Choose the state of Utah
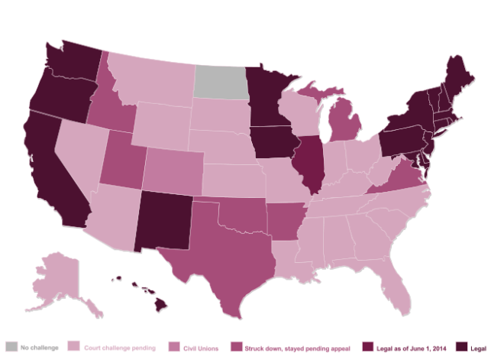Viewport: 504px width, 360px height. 121,161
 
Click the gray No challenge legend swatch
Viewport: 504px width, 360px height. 11,348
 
